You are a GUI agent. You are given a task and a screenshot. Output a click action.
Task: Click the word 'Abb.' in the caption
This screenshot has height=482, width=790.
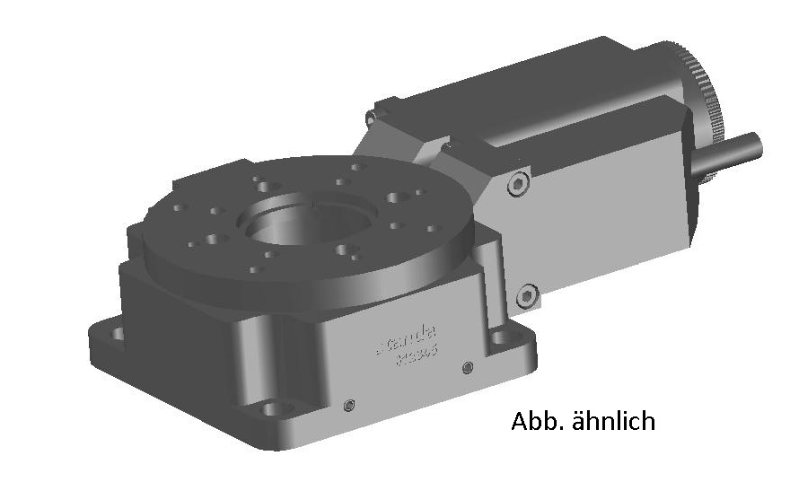point(535,420)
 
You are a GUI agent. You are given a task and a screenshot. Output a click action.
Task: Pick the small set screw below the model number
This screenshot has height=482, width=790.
point(467,367)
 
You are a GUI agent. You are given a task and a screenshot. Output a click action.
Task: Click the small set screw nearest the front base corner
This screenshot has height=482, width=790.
point(350,404)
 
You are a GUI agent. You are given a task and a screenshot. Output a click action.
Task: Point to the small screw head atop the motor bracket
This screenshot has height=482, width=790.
point(370,118)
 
